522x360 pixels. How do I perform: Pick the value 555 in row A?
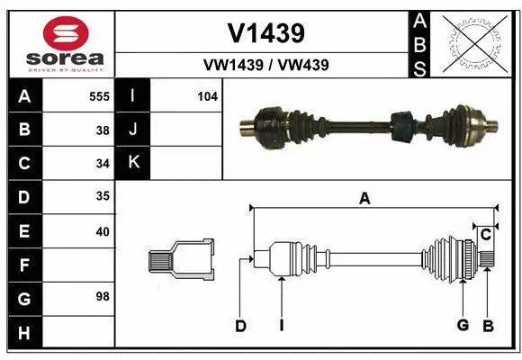99,95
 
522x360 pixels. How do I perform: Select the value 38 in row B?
103,130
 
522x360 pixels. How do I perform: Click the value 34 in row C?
103,164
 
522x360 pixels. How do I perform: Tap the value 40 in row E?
103,231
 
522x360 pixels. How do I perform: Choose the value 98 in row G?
103,295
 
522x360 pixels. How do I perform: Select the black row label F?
24,265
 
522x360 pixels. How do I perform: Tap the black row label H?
24,333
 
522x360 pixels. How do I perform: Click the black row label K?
134,163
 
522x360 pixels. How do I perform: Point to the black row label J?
134,130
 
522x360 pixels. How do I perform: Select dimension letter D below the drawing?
240,326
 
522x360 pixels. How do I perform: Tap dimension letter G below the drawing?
463,326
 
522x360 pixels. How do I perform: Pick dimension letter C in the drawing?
485,235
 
